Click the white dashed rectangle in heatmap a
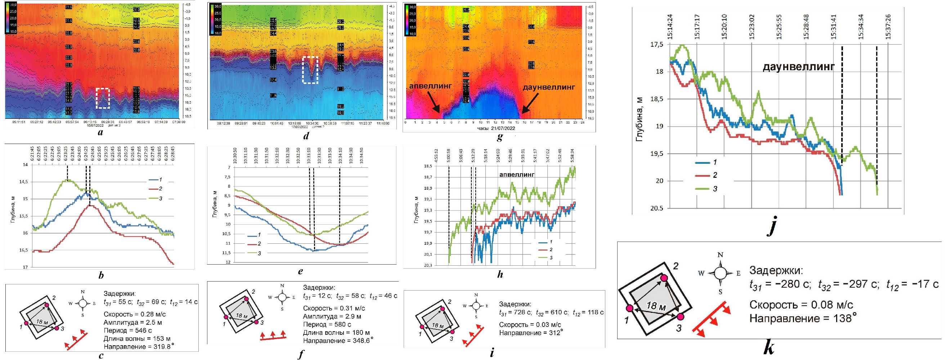(x=103, y=98)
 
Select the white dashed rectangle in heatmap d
(x=310, y=70)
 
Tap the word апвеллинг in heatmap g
(x=430, y=86)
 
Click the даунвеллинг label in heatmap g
(x=548, y=87)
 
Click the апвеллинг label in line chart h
(x=517, y=174)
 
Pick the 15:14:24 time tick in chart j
(x=670, y=27)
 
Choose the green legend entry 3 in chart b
(x=155, y=199)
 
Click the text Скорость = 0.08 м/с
(x=801, y=305)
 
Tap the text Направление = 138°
(x=803, y=318)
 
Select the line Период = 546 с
(x=128, y=330)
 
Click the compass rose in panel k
(x=720, y=273)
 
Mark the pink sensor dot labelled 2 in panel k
(x=664, y=278)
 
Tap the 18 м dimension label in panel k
(x=656, y=306)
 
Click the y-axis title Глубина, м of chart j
(x=640, y=120)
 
